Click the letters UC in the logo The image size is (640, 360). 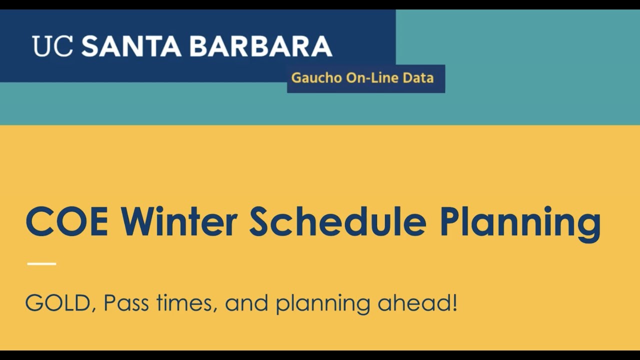click(52, 46)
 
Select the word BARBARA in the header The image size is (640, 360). click(260, 46)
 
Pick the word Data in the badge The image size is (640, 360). click(419, 78)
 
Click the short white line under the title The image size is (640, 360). click(41, 263)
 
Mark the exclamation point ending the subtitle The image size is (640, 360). click(454, 303)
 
